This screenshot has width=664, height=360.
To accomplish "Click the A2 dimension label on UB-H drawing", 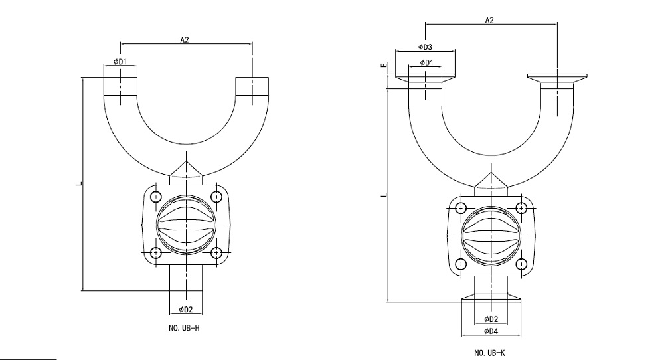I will (185, 40).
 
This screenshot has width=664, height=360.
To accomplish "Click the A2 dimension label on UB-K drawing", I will (489, 21).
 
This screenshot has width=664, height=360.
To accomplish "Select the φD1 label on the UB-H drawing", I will (120, 62).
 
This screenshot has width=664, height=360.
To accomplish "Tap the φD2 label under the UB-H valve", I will (186, 309).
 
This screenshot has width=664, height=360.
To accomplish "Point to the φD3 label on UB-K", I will (425, 47).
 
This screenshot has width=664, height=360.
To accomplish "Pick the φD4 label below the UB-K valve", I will (491, 331).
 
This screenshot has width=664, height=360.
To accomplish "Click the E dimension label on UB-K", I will (383, 66).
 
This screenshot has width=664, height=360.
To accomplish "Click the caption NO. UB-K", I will (490, 353).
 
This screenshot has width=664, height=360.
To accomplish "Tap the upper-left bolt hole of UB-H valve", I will (156, 197).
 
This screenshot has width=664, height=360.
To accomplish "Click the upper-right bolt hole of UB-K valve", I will (522, 208).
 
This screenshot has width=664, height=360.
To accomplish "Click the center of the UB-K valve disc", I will (491, 236).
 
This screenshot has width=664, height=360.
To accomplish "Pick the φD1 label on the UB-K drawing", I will (425, 62).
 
